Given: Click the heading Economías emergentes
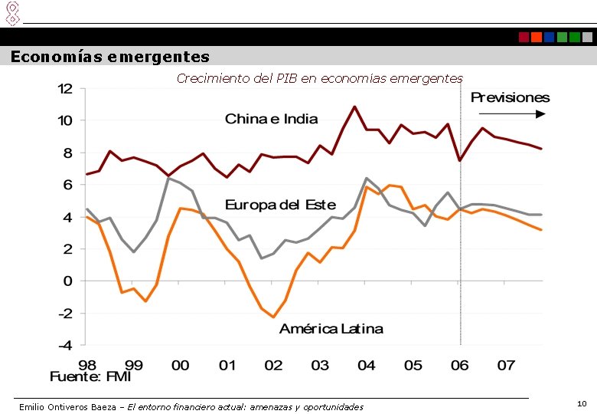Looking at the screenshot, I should pos(109,57).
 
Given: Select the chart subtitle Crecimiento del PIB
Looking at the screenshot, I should pos(319,78).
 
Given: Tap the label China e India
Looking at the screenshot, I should pos(271,119).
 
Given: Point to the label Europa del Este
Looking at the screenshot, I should pos(280,205).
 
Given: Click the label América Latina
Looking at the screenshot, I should pos(331,329).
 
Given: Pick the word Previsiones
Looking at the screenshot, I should pos(510,97).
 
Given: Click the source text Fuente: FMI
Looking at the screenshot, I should pos(90,377).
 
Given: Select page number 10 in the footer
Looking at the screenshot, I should pos(582,402).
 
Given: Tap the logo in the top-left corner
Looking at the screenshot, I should pos(11,12).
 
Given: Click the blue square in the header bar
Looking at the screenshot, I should pos(549,37).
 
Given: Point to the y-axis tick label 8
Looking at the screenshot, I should pos(67,153).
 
